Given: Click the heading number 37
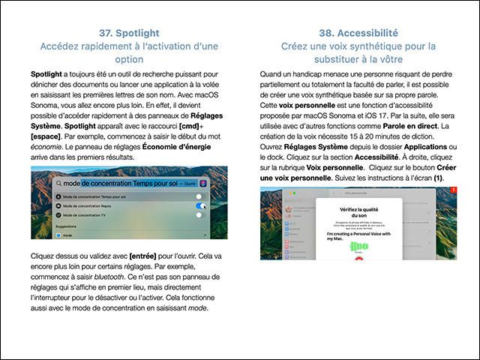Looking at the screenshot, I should (106, 33).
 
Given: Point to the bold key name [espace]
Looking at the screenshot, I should (51, 139).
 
